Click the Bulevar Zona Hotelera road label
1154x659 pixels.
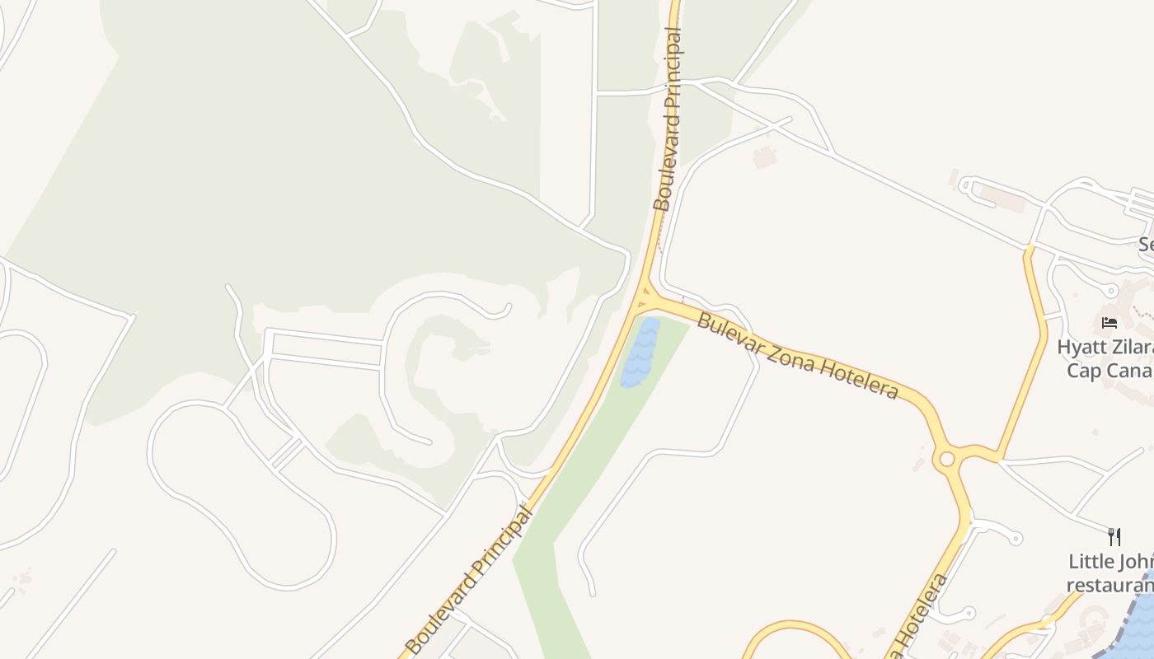[797, 355]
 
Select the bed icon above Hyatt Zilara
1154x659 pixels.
[1109, 323]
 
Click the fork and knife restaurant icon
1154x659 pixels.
[1114, 537]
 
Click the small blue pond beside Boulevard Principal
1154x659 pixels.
[640, 353]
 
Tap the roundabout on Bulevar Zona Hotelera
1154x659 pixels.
[946, 458]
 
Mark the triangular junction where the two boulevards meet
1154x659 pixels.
[644, 297]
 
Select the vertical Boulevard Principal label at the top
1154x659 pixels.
[668, 119]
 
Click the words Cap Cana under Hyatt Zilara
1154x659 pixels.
[1109, 370]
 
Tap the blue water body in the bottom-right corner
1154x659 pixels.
[1138, 618]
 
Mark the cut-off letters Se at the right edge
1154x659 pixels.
[1147, 245]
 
